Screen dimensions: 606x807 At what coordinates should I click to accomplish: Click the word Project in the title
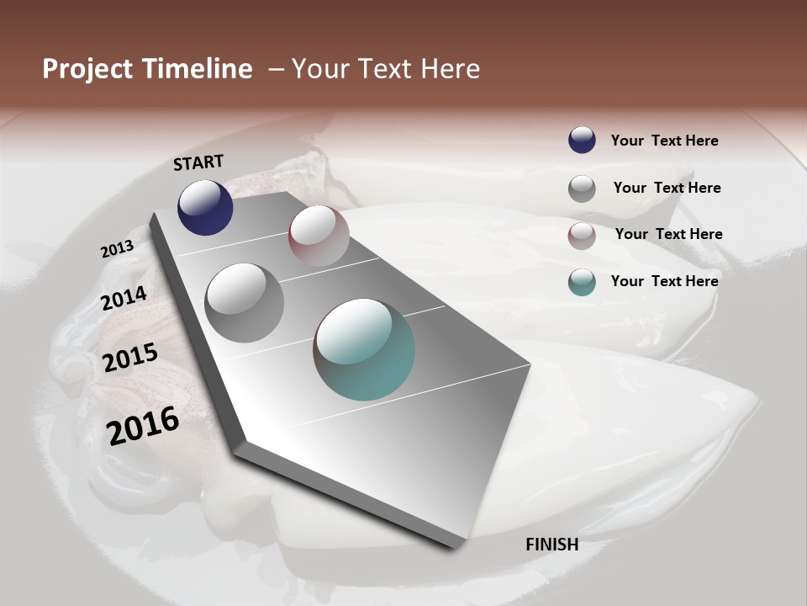[x=87, y=69]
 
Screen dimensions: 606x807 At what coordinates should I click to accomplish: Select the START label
[x=198, y=162]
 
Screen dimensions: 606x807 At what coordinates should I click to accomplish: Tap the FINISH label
[x=551, y=545]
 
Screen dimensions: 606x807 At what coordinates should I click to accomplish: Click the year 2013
[x=117, y=249]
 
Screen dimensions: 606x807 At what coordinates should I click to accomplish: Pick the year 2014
[x=124, y=299]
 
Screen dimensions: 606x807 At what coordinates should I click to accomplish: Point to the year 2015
[x=130, y=359]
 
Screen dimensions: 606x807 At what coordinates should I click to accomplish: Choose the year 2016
[x=143, y=426]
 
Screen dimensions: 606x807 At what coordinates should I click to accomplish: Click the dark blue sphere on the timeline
[x=205, y=207]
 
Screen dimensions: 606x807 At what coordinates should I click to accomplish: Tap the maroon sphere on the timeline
[x=319, y=235]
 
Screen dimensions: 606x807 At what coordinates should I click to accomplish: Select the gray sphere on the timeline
[x=244, y=302]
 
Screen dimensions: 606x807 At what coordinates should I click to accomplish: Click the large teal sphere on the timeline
[x=364, y=348]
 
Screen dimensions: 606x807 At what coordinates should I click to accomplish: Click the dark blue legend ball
[x=582, y=140]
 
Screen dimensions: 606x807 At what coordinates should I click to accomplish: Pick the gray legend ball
[x=582, y=188]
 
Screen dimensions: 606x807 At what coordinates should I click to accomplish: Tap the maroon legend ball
[x=582, y=235]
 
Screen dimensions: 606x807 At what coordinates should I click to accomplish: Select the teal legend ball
[x=582, y=282]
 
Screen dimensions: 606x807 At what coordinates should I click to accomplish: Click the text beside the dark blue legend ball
[x=664, y=141]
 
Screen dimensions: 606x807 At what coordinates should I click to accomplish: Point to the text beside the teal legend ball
[x=664, y=281]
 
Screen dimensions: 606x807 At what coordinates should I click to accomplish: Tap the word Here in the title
[x=450, y=69]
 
